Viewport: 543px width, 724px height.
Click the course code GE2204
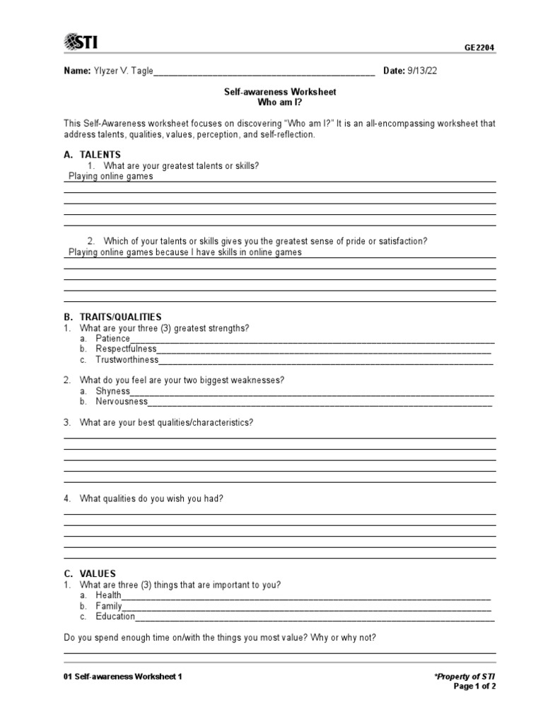coord(479,48)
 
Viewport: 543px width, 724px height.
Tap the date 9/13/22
coord(427,71)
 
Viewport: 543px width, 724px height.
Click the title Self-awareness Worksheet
coord(280,92)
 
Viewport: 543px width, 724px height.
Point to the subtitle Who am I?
coord(280,103)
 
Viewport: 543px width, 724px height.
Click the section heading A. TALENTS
coord(93,154)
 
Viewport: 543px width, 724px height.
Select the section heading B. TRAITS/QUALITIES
coord(113,317)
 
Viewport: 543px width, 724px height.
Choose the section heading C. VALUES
coord(90,573)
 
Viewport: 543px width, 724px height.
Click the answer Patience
coord(113,339)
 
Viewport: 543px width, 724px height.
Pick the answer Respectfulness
coord(126,349)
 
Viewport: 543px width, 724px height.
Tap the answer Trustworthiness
coord(127,360)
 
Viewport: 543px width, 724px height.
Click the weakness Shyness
coord(113,391)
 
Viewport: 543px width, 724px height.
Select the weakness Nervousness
coord(122,402)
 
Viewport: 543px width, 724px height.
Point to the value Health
coord(109,595)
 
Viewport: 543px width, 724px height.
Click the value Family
coord(109,606)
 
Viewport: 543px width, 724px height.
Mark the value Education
coord(115,617)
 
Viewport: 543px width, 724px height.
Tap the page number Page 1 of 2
coord(474,686)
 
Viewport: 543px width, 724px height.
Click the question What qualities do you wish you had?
coord(151,498)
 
